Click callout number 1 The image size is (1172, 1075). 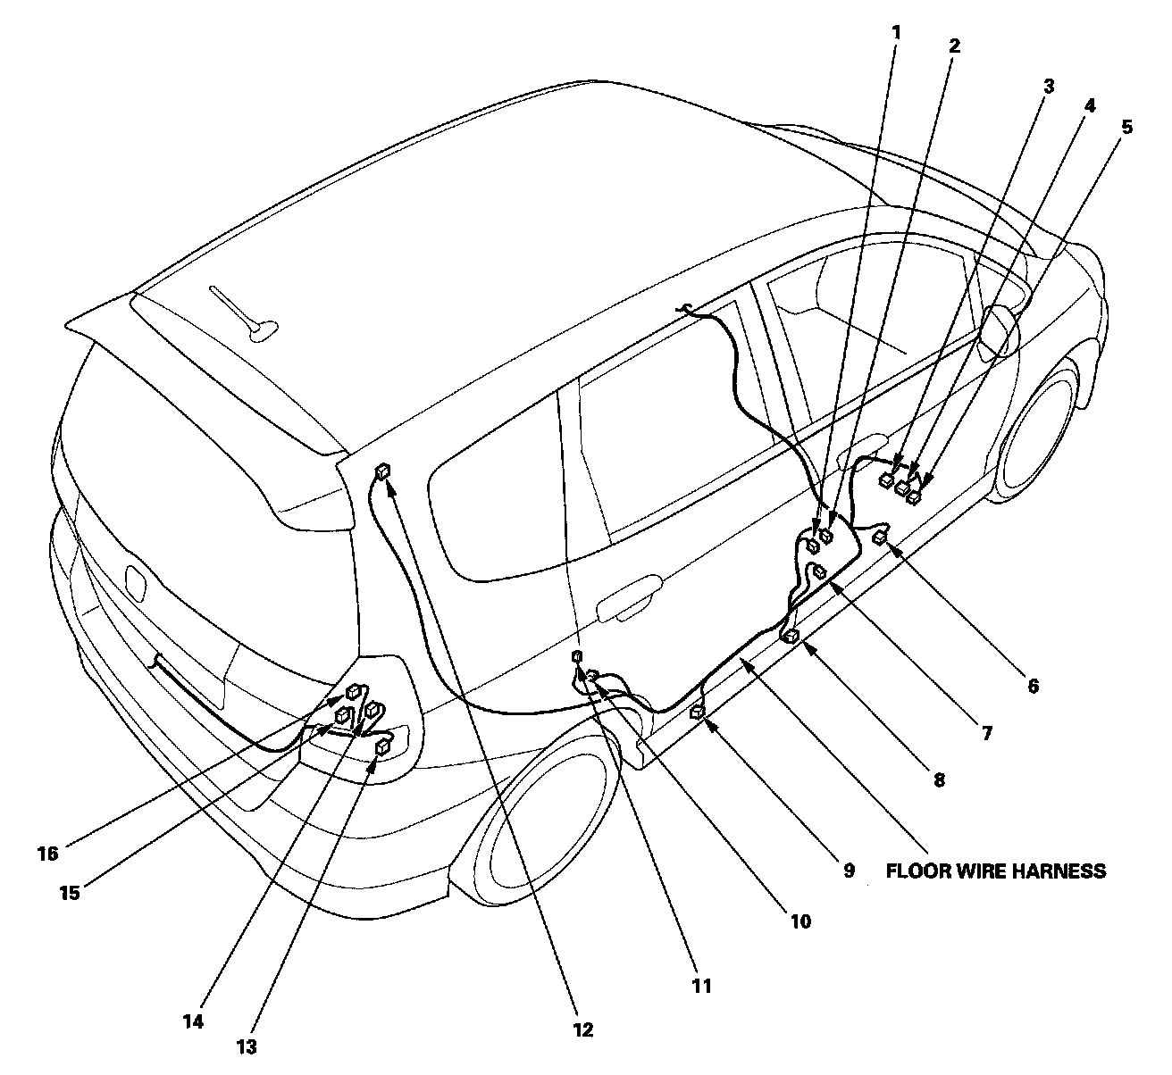click(x=896, y=33)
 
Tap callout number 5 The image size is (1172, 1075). click(x=1126, y=127)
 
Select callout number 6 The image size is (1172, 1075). click(x=1033, y=686)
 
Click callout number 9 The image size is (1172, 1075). click(x=849, y=870)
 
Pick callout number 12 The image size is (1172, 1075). click(x=582, y=1029)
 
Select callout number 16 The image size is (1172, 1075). click(x=47, y=854)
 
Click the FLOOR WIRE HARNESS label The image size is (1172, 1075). click(x=995, y=871)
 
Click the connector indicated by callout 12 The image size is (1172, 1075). click(x=384, y=471)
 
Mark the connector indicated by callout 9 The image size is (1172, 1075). click(x=698, y=712)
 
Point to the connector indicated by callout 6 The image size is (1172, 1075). click(x=882, y=536)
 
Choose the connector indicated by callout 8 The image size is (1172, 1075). click(x=791, y=636)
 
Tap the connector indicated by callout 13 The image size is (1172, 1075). click(x=383, y=746)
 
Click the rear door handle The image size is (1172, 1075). click(x=630, y=604)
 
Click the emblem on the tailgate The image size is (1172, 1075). click(x=137, y=582)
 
